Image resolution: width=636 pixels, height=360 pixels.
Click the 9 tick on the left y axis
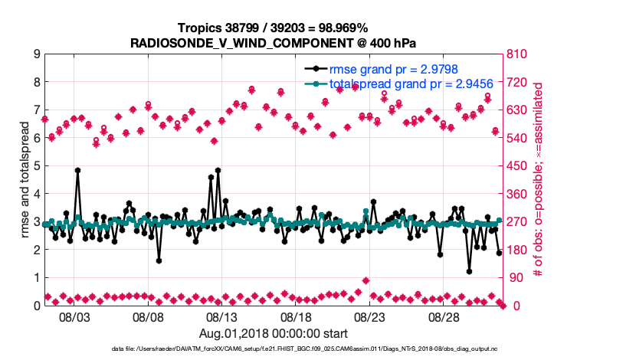point(37,54)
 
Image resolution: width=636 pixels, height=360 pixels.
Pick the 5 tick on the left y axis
point(37,165)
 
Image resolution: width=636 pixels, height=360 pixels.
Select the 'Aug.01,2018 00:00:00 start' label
point(274,333)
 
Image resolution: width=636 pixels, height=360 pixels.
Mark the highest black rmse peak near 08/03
point(78,171)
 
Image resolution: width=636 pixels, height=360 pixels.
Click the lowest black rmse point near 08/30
point(469,271)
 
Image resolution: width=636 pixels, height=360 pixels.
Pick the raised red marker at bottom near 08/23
point(366,280)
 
